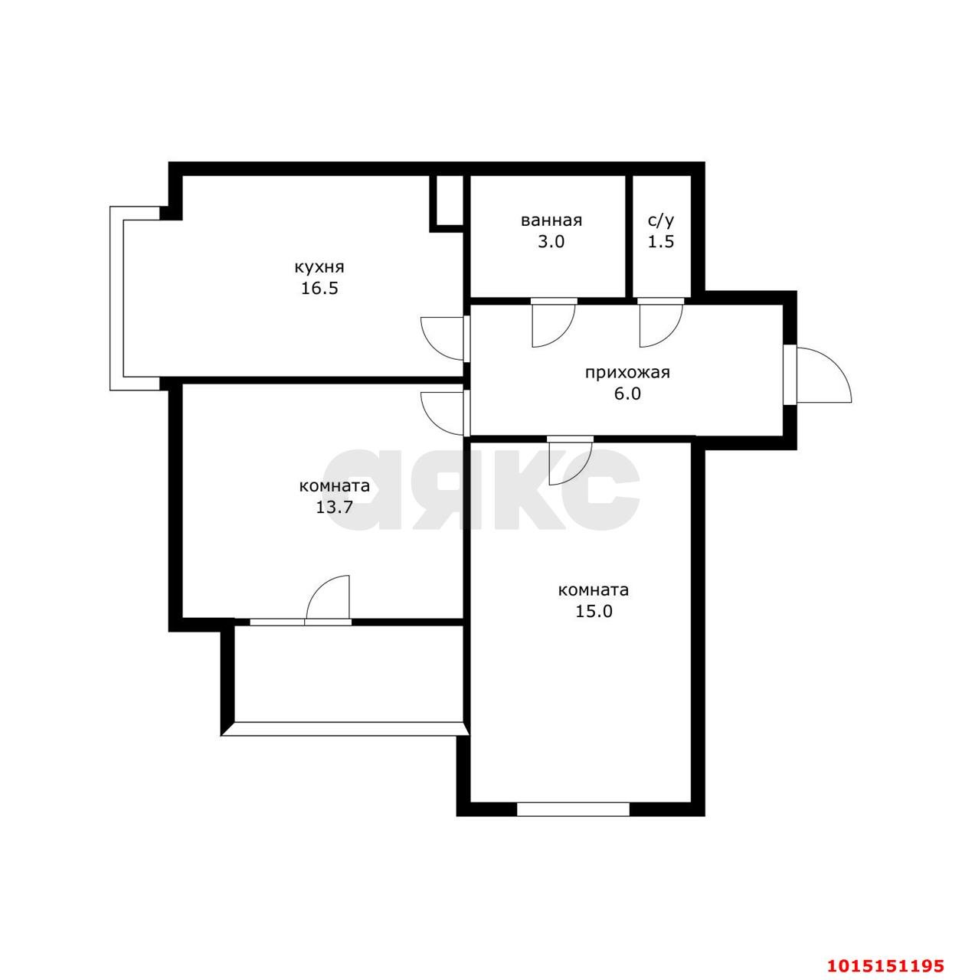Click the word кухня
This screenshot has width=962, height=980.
pos(319,267)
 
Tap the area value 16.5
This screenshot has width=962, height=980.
pos(319,289)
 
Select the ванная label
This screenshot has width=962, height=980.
pos(551,220)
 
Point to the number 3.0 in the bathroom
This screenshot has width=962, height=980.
pos(551,242)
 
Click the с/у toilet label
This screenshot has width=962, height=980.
pos(661,220)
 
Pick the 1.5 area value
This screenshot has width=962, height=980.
pos(661,242)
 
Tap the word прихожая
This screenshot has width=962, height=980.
pos(627,374)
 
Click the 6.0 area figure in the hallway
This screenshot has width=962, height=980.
pos(627,394)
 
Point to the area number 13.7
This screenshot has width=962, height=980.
pos(335,507)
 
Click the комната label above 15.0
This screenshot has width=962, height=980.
pos(594,590)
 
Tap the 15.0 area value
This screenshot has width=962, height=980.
pos(594,611)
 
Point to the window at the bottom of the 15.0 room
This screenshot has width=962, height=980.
pos(573,809)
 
